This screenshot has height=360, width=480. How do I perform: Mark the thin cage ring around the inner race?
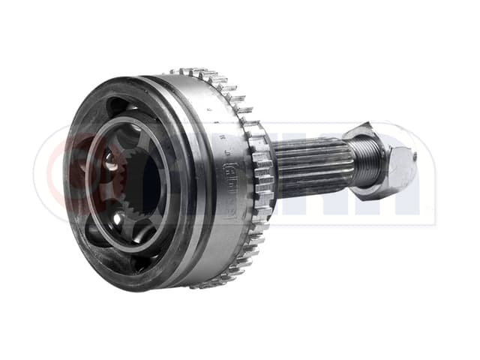coord(93,180)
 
